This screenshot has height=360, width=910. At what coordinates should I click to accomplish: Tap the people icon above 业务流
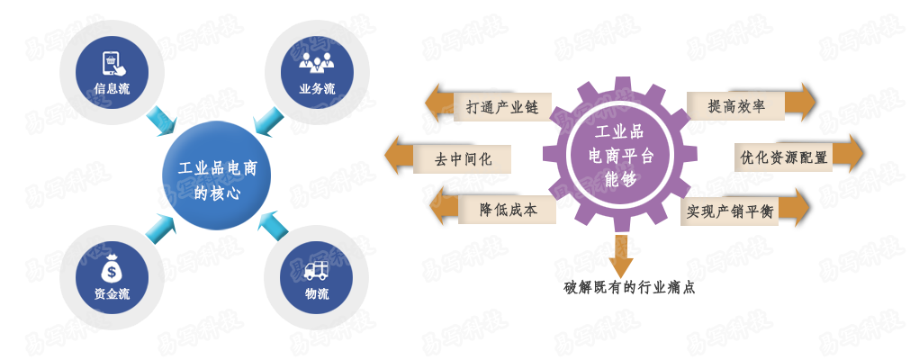point(317,62)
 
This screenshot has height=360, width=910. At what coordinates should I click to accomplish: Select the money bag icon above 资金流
point(112,268)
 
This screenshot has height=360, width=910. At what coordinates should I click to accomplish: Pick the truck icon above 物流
point(317,269)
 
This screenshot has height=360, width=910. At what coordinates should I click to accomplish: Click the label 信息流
point(112,89)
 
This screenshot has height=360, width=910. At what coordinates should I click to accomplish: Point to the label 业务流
point(317,89)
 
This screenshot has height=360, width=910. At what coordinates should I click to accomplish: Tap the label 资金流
point(112,293)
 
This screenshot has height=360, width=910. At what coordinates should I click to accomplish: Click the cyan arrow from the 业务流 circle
point(267,121)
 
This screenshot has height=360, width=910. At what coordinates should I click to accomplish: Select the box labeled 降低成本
point(508,210)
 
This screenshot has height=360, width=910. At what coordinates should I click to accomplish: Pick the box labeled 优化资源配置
point(783,157)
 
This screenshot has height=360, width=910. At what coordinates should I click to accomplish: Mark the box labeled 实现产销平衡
point(730,211)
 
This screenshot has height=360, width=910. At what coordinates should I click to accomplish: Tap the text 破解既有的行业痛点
point(629,287)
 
